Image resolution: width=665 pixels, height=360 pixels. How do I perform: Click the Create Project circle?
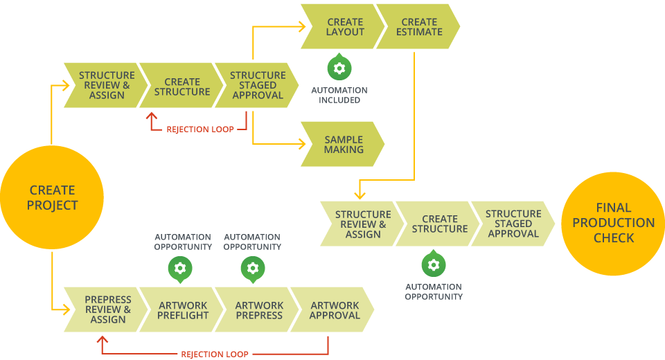[52, 197]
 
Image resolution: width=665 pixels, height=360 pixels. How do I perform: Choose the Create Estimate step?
[418, 27]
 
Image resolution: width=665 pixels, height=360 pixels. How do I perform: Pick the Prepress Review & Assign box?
[107, 309]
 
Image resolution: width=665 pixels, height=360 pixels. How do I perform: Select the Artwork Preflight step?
[183, 309]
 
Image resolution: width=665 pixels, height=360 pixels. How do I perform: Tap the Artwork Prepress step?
[258, 309]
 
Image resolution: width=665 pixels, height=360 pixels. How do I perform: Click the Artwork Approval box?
[334, 309]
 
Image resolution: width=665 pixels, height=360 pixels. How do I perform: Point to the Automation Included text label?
[339, 95]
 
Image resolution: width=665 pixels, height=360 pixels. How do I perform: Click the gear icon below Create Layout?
[339, 68]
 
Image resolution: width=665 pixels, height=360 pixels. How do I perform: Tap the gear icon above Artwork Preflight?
[180, 268]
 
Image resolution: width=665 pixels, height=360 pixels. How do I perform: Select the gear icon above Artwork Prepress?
[252, 268]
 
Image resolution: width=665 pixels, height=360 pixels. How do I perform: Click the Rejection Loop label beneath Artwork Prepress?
[215, 354]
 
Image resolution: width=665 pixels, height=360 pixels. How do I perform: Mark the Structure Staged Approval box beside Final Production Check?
[513, 224]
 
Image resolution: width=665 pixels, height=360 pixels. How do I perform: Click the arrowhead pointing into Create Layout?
[301, 27]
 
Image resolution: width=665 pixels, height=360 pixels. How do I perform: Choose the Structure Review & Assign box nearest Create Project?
[106, 85]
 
